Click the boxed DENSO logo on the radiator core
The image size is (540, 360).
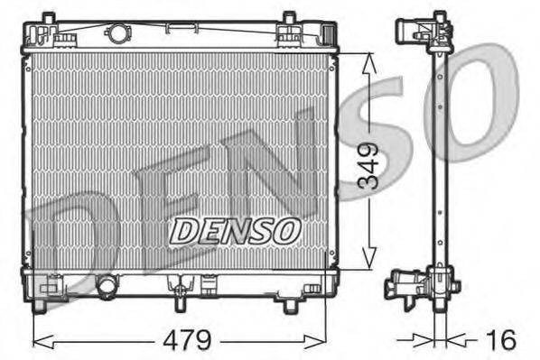pyautogui.click(x=235, y=230)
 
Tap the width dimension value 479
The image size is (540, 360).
pyautogui.click(x=188, y=341)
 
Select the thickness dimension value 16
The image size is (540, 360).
pyautogui.click(x=502, y=340)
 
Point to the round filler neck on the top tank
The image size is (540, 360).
pyautogui.click(x=117, y=35)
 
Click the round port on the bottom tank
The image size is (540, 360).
pyautogui.click(x=107, y=286)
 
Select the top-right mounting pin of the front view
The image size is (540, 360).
pyautogui.click(x=289, y=18)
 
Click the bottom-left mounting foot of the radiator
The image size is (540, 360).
pyautogui.click(x=39, y=306)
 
